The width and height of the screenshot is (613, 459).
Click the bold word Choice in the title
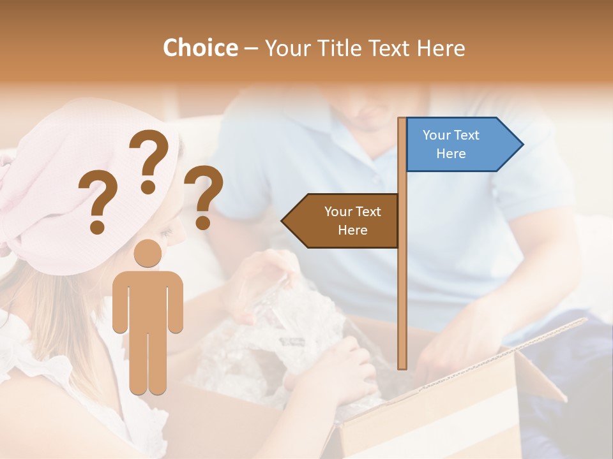point(200,48)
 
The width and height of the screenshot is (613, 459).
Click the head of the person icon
point(148,253)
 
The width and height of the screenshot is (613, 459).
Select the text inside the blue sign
point(451,144)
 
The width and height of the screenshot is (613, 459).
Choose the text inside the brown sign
point(352,221)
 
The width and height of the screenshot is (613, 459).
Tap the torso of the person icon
point(148,300)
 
